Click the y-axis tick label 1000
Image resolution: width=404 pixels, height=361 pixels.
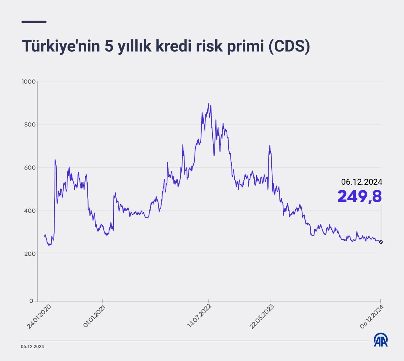[x=28, y=81]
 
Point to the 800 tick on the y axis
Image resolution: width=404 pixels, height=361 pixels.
[x=30, y=124]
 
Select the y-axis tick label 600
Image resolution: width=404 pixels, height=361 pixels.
[x=30, y=168]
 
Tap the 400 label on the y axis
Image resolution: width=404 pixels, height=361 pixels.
[x=30, y=211]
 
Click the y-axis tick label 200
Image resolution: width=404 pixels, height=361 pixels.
[x=30, y=254]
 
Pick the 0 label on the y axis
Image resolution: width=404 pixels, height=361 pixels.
[x=31, y=301]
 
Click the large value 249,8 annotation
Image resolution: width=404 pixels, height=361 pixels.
[x=360, y=196]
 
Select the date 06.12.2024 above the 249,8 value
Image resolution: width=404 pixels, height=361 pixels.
[x=362, y=182]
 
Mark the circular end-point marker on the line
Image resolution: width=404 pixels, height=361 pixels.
[x=381, y=242]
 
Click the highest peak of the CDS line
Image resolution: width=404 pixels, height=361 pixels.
[x=208, y=104]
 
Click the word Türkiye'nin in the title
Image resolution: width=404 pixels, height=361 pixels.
[x=61, y=47]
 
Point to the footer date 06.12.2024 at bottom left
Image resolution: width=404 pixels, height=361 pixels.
[x=32, y=347]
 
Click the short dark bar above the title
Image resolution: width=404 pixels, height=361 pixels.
[x=34, y=22]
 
